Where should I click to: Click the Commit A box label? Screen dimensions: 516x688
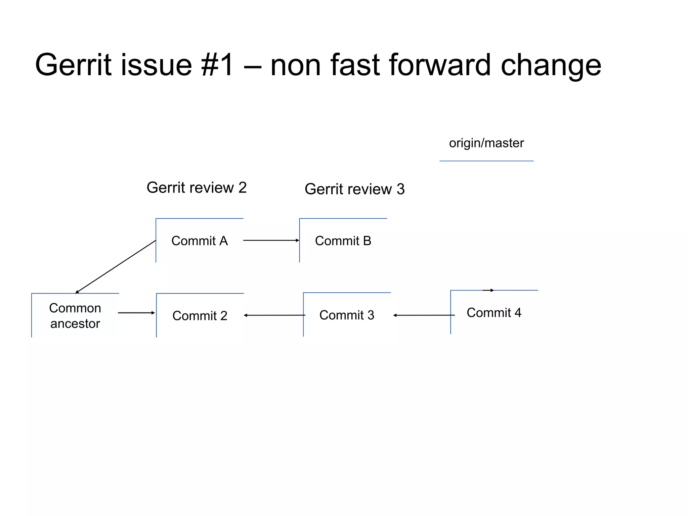200,241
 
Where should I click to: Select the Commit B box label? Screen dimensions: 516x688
343,241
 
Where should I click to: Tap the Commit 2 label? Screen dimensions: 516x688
200,316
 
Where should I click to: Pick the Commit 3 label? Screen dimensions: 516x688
347,315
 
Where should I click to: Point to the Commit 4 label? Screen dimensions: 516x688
494,313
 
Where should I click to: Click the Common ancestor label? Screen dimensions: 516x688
75,316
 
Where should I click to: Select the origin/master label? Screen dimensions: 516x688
486,143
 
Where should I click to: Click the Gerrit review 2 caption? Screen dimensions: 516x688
197,187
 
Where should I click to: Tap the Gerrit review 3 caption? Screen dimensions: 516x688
354,189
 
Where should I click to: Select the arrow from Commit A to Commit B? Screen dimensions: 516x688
271,241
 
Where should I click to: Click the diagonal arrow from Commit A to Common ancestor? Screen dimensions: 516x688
116,267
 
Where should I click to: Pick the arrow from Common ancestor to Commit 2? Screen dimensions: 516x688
136,313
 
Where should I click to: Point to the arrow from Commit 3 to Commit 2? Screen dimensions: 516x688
274,315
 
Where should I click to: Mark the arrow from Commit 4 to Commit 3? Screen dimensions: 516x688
424,315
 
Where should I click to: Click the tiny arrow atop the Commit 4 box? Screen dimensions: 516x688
488,290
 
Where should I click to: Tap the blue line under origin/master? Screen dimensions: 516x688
486,161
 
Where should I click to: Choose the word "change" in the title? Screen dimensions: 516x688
551,65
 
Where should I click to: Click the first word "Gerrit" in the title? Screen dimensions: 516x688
73,65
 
